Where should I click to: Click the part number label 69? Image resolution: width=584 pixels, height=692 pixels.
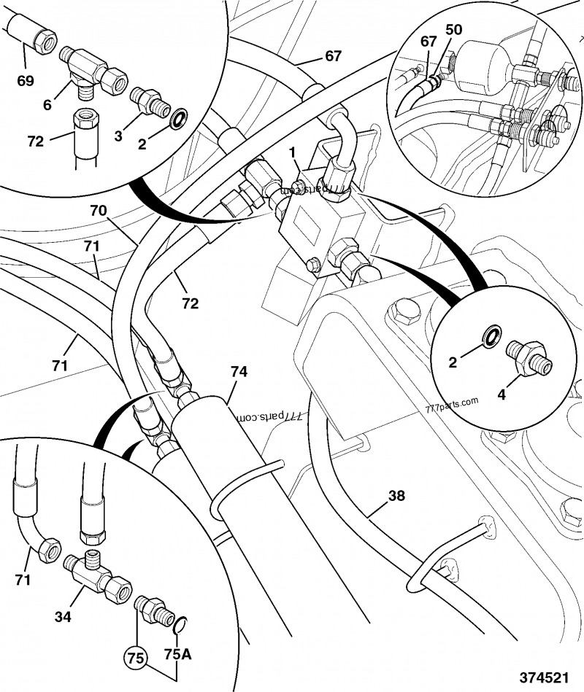[26, 80]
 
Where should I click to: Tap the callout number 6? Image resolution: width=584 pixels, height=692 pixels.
[47, 105]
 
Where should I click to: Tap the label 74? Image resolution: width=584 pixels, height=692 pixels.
[239, 372]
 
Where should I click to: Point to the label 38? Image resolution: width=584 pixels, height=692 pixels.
[396, 497]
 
